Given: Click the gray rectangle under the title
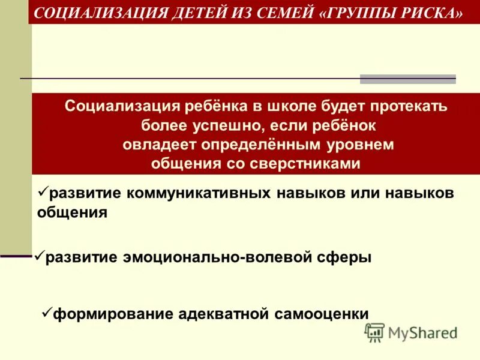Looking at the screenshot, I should point(407,79).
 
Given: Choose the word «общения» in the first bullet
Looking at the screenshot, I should point(72,212).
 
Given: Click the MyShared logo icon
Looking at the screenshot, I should point(375,332).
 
